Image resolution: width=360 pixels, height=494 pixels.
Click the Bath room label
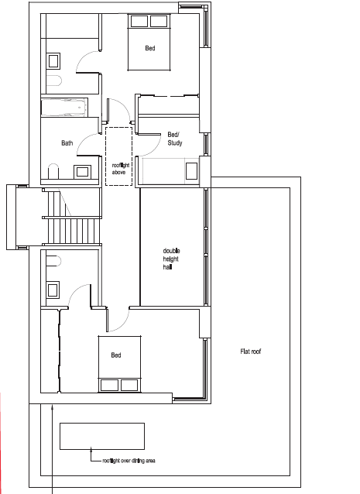pyautogui.click(x=67, y=143)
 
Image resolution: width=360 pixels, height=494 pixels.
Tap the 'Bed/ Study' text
pyautogui.click(x=175, y=139)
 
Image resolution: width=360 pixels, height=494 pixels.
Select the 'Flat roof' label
pyautogui.click(x=251, y=352)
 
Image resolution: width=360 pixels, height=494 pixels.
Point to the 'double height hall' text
pyautogui.click(x=171, y=259)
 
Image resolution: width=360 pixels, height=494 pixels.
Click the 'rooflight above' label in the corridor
pyautogui.click(x=121, y=169)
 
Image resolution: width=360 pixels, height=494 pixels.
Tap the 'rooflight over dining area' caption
pyautogui.click(x=129, y=461)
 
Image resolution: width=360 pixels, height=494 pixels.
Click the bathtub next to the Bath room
pyautogui.click(x=64, y=108)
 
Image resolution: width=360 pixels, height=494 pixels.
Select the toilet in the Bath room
pyautogui.click(x=53, y=171)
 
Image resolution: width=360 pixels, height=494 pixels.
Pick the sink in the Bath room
pyautogui.click(x=82, y=172)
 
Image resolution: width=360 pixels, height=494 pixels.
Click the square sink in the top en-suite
pyautogui.click(x=53, y=61)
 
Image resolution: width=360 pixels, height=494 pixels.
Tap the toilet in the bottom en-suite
pyautogui.click(x=53, y=261)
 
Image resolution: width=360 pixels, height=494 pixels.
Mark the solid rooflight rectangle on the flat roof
pyautogui.click(x=102, y=436)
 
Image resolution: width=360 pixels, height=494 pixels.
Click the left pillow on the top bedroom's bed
pyautogui.click(x=139, y=21)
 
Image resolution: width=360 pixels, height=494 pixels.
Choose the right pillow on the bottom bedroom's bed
pyautogui.click(x=129, y=385)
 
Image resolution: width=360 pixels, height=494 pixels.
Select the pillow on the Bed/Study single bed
pyautogui.click(x=191, y=171)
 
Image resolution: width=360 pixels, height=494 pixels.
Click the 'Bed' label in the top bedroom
pyautogui.click(x=150, y=48)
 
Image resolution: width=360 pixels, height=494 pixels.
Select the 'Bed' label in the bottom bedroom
pyautogui.click(x=116, y=355)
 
